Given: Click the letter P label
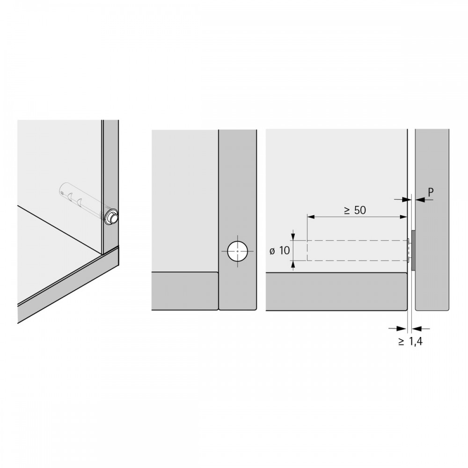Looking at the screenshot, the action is click(x=431, y=192).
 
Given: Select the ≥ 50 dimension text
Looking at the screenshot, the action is click(x=355, y=211).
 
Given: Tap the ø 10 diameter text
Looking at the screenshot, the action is click(x=280, y=251).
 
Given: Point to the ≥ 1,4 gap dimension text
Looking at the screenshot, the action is click(x=410, y=341).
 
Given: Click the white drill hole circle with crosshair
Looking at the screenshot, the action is click(x=238, y=251).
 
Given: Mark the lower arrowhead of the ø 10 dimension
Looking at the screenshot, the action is click(x=293, y=264).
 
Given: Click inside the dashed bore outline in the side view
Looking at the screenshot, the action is click(x=357, y=250).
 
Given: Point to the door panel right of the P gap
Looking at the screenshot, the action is click(x=432, y=219).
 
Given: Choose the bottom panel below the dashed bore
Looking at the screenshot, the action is click(x=336, y=292).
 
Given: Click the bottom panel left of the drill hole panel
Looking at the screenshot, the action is click(x=185, y=291).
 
